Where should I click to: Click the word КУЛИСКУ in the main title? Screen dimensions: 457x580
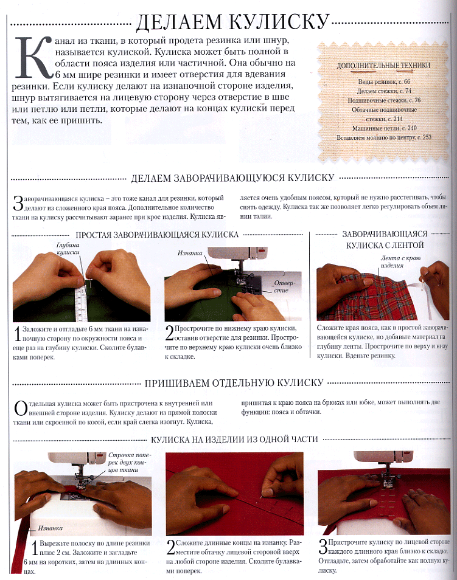tap(279, 22)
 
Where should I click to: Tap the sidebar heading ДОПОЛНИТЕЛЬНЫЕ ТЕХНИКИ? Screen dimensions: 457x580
tap(383, 66)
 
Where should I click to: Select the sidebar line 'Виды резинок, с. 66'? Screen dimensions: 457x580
tap(384, 81)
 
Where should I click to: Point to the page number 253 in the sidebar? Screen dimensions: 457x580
tap(427, 137)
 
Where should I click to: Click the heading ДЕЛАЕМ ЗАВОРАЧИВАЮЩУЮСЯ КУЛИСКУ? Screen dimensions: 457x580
tap(232, 178)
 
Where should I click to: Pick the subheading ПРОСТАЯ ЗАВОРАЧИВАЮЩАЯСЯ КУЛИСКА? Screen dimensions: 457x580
tap(157, 235)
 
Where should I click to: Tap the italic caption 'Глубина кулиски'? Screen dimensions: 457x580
tap(68, 249)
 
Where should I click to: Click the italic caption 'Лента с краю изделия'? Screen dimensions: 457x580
tap(400, 262)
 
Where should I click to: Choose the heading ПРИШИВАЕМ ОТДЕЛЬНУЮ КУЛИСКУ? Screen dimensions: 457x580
tap(234, 383)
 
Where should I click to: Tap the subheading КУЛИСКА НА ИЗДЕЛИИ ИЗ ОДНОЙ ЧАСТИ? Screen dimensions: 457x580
tap(234, 440)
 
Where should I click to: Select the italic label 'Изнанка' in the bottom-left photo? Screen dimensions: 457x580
tap(51, 528)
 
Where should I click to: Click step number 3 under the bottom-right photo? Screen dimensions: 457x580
tap(323, 546)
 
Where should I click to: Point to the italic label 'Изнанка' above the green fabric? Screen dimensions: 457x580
tap(190, 254)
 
